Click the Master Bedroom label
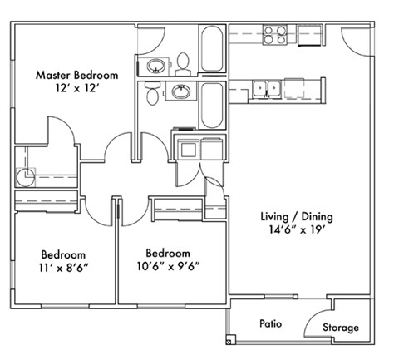click(x=76, y=75)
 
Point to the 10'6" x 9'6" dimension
click(x=168, y=266)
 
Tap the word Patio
click(x=268, y=323)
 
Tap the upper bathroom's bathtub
click(x=211, y=51)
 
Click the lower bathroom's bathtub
click(x=211, y=102)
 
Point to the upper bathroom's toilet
click(x=183, y=62)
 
